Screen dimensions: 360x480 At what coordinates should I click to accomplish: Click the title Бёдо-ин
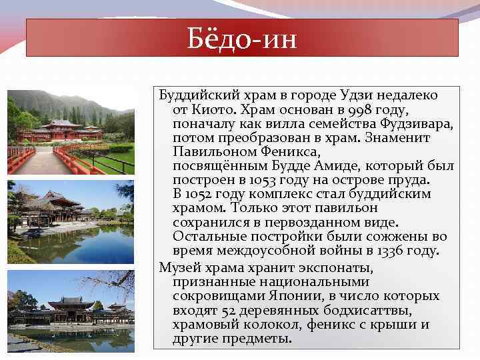tap(242, 37)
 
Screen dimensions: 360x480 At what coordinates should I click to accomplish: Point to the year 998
tap(349, 109)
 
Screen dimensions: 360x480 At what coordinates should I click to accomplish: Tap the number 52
tap(223, 310)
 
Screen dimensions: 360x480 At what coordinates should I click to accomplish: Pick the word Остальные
tap(212, 237)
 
